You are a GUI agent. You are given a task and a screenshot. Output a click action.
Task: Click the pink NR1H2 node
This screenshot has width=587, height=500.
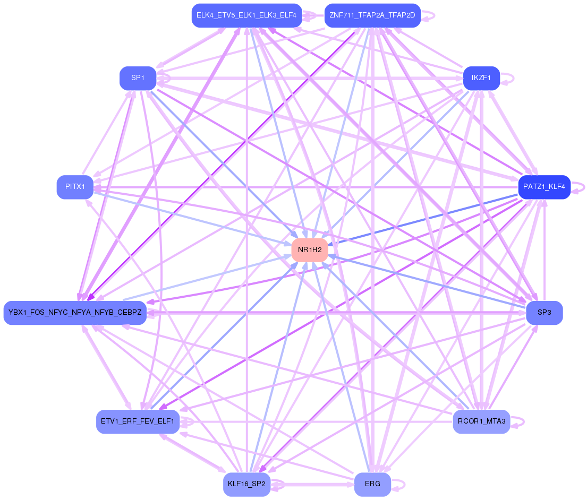click(x=310, y=250)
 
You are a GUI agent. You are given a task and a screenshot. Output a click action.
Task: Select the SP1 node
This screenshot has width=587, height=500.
click(x=138, y=78)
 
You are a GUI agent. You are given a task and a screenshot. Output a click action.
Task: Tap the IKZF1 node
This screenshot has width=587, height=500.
click(x=481, y=78)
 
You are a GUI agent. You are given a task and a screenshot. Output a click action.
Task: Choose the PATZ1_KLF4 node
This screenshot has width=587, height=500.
click(x=544, y=187)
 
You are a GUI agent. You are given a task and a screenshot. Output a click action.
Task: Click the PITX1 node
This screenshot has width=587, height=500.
click(x=75, y=187)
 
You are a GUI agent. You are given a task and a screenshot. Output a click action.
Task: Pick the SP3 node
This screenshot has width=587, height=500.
click(x=544, y=313)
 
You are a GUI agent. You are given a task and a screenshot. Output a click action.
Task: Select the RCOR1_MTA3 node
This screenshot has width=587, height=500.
click(x=481, y=422)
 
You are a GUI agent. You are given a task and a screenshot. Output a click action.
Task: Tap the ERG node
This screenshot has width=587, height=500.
click(x=372, y=485)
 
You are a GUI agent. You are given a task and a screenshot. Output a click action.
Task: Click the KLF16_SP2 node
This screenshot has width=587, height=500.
click(x=246, y=485)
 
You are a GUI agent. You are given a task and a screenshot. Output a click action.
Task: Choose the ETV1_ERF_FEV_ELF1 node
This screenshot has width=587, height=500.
click(x=138, y=422)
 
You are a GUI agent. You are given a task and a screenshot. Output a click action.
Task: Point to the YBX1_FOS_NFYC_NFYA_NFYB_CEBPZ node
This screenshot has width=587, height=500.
click(x=75, y=313)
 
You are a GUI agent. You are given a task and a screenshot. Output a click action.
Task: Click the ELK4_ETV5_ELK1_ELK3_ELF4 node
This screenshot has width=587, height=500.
click(x=246, y=15)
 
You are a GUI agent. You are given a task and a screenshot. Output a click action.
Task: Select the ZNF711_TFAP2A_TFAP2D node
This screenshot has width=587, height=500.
click(x=372, y=15)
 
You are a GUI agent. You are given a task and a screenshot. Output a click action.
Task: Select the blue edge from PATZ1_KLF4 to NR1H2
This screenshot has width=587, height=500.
click(x=425, y=218)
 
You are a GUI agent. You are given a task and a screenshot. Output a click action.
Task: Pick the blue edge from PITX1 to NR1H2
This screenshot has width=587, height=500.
click(x=191, y=218)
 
